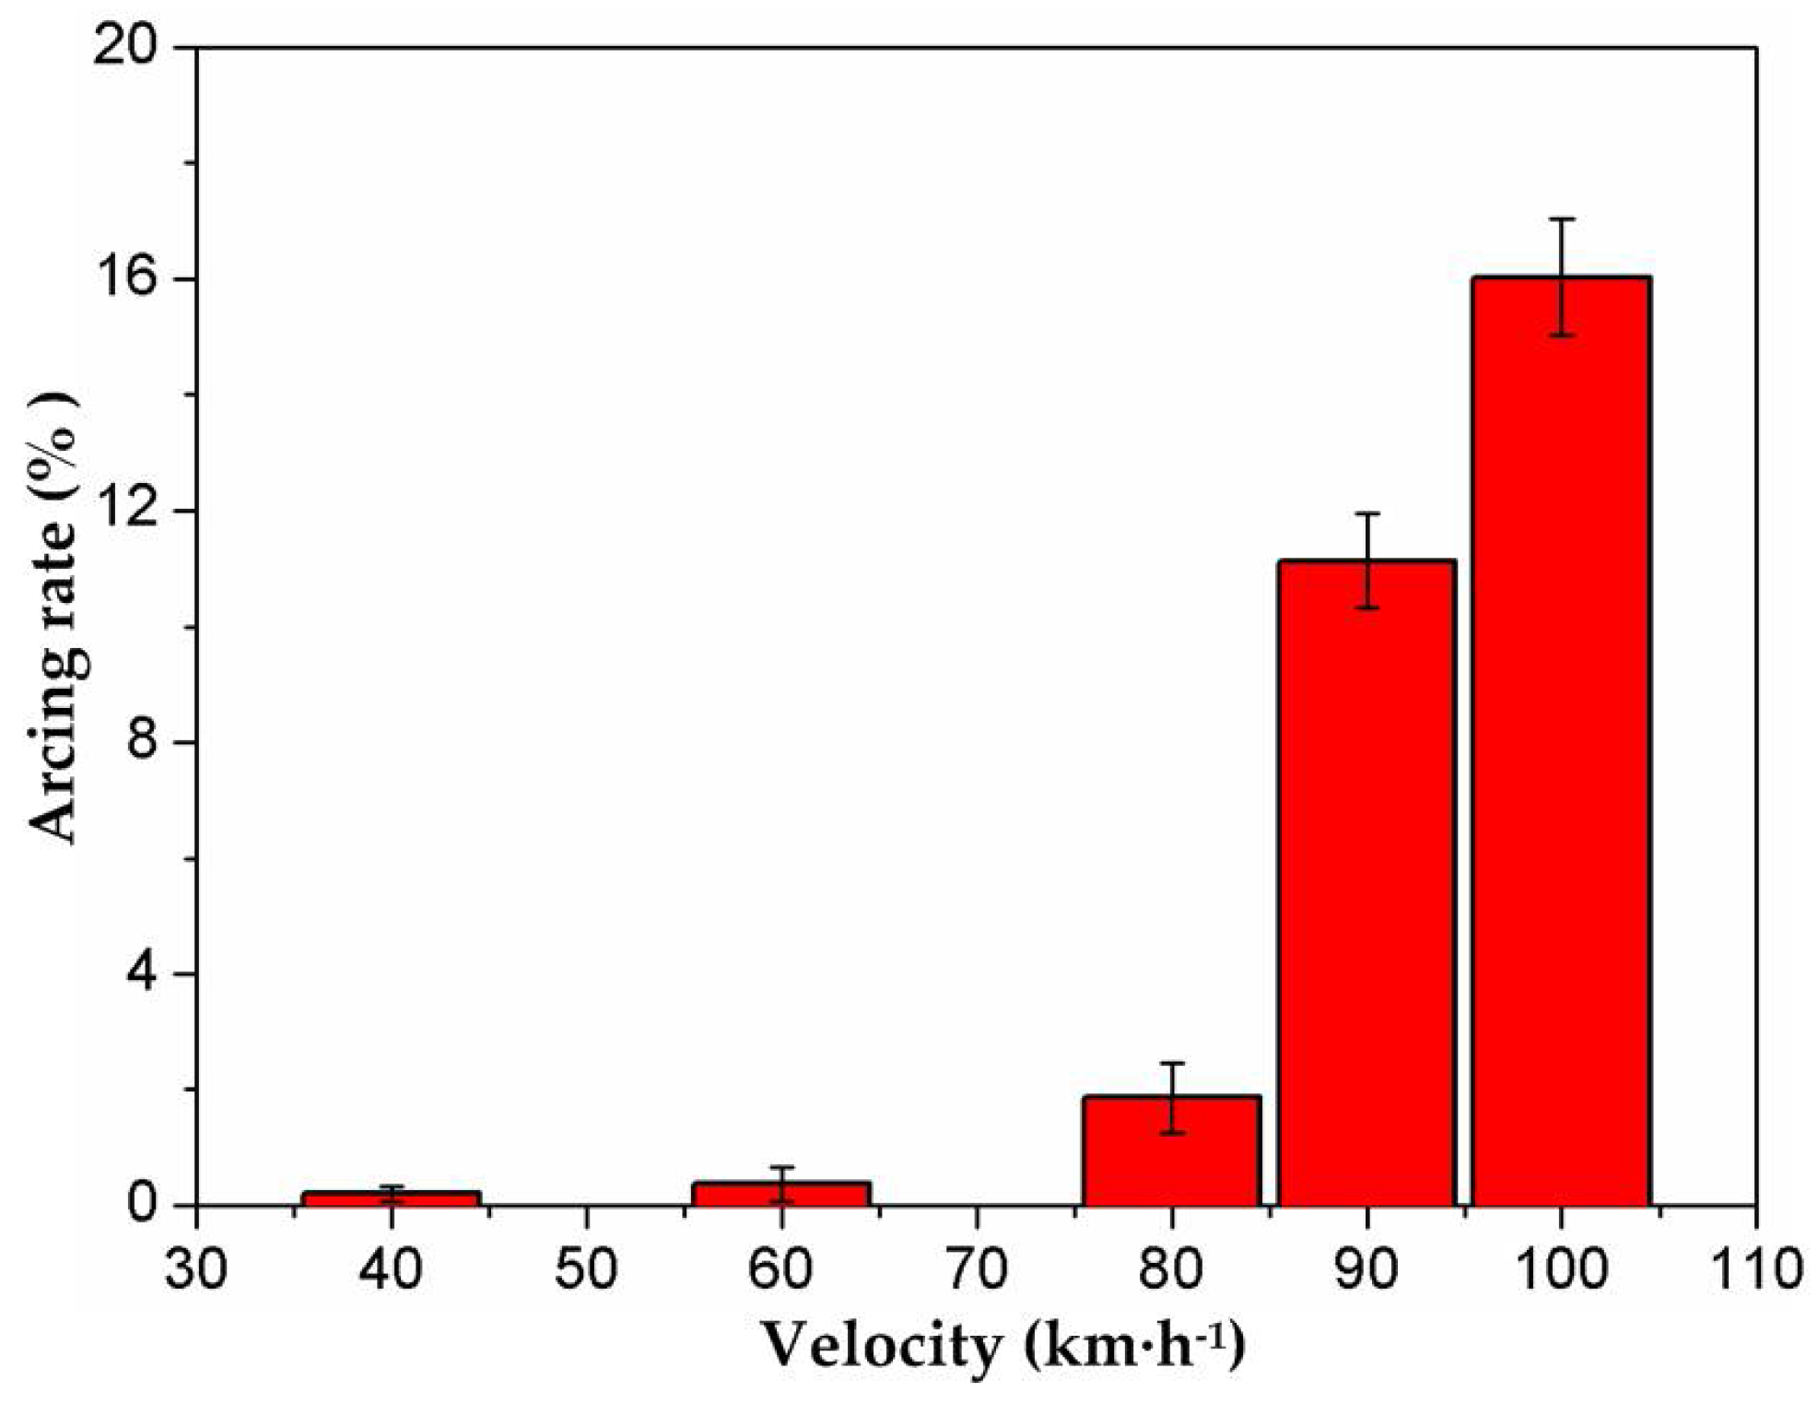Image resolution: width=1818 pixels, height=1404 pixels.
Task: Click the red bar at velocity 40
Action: (x=392, y=1198)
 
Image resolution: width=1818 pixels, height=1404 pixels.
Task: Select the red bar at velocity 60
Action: (x=781, y=1194)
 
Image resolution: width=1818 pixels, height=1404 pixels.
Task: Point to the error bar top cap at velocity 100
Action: (x=1561, y=219)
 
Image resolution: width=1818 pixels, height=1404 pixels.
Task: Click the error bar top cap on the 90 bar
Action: (x=1366, y=513)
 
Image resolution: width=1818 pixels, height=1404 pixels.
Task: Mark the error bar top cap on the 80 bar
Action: (x=1171, y=1063)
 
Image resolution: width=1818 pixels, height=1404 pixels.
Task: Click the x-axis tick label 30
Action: (x=196, y=1268)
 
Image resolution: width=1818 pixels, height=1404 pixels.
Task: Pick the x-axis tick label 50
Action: (x=586, y=1268)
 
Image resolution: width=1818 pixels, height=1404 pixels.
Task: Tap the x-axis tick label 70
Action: (x=976, y=1268)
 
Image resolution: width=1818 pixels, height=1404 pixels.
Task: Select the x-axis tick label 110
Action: (x=1754, y=1268)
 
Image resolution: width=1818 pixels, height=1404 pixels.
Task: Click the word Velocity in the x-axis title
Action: (x=880, y=1347)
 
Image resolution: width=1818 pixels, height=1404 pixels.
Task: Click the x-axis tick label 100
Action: (x=1561, y=1268)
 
